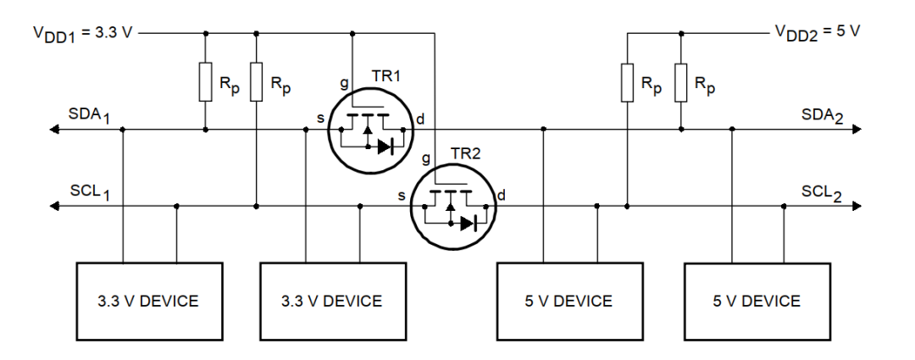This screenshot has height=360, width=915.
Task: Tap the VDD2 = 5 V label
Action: (x=817, y=31)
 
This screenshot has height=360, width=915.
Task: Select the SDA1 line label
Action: (x=90, y=114)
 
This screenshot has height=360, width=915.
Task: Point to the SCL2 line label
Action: (x=821, y=191)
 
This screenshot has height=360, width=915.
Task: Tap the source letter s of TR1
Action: (x=321, y=118)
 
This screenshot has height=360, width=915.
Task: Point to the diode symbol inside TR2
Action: (x=468, y=224)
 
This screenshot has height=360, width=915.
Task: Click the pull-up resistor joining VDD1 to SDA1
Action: (x=205, y=81)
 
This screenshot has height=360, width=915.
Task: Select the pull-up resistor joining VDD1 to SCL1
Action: (x=256, y=81)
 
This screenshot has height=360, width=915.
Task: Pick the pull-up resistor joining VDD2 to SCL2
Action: (x=627, y=81)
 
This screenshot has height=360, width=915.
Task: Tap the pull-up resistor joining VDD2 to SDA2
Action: (x=680, y=81)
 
